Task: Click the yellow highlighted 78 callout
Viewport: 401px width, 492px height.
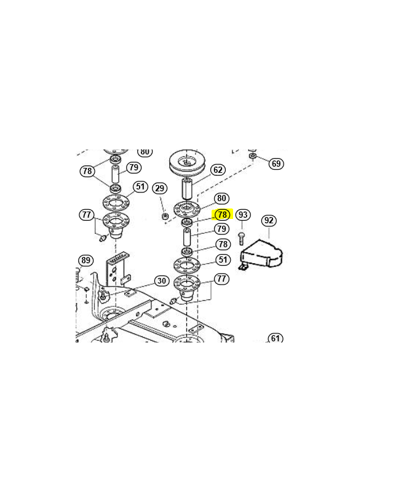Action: (222, 215)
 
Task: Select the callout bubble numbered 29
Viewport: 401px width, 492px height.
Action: (160, 188)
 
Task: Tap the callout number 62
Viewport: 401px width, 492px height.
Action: (218, 170)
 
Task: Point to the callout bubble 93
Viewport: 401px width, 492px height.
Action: (243, 215)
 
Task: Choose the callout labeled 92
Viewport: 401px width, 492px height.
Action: (269, 220)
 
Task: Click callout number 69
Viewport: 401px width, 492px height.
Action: (276, 164)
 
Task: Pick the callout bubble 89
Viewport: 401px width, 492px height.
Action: (85, 260)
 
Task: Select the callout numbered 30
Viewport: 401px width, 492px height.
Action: (162, 280)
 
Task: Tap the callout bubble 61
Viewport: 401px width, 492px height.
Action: (275, 338)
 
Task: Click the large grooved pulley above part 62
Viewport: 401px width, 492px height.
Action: (187, 164)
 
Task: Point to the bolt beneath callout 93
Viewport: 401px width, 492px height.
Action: (241, 239)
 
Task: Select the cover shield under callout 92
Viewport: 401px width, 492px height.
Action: (261, 255)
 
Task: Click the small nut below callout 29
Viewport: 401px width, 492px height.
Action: (165, 216)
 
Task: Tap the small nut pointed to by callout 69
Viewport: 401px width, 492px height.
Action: (253, 156)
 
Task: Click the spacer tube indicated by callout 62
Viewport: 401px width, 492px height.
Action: (188, 189)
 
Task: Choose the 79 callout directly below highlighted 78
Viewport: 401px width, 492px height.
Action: (221, 229)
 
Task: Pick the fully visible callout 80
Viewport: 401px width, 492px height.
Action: (221, 198)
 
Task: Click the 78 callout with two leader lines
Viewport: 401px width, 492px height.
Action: (87, 171)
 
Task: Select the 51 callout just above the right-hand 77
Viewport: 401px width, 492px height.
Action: (223, 260)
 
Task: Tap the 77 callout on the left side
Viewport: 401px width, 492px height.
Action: (86, 215)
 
